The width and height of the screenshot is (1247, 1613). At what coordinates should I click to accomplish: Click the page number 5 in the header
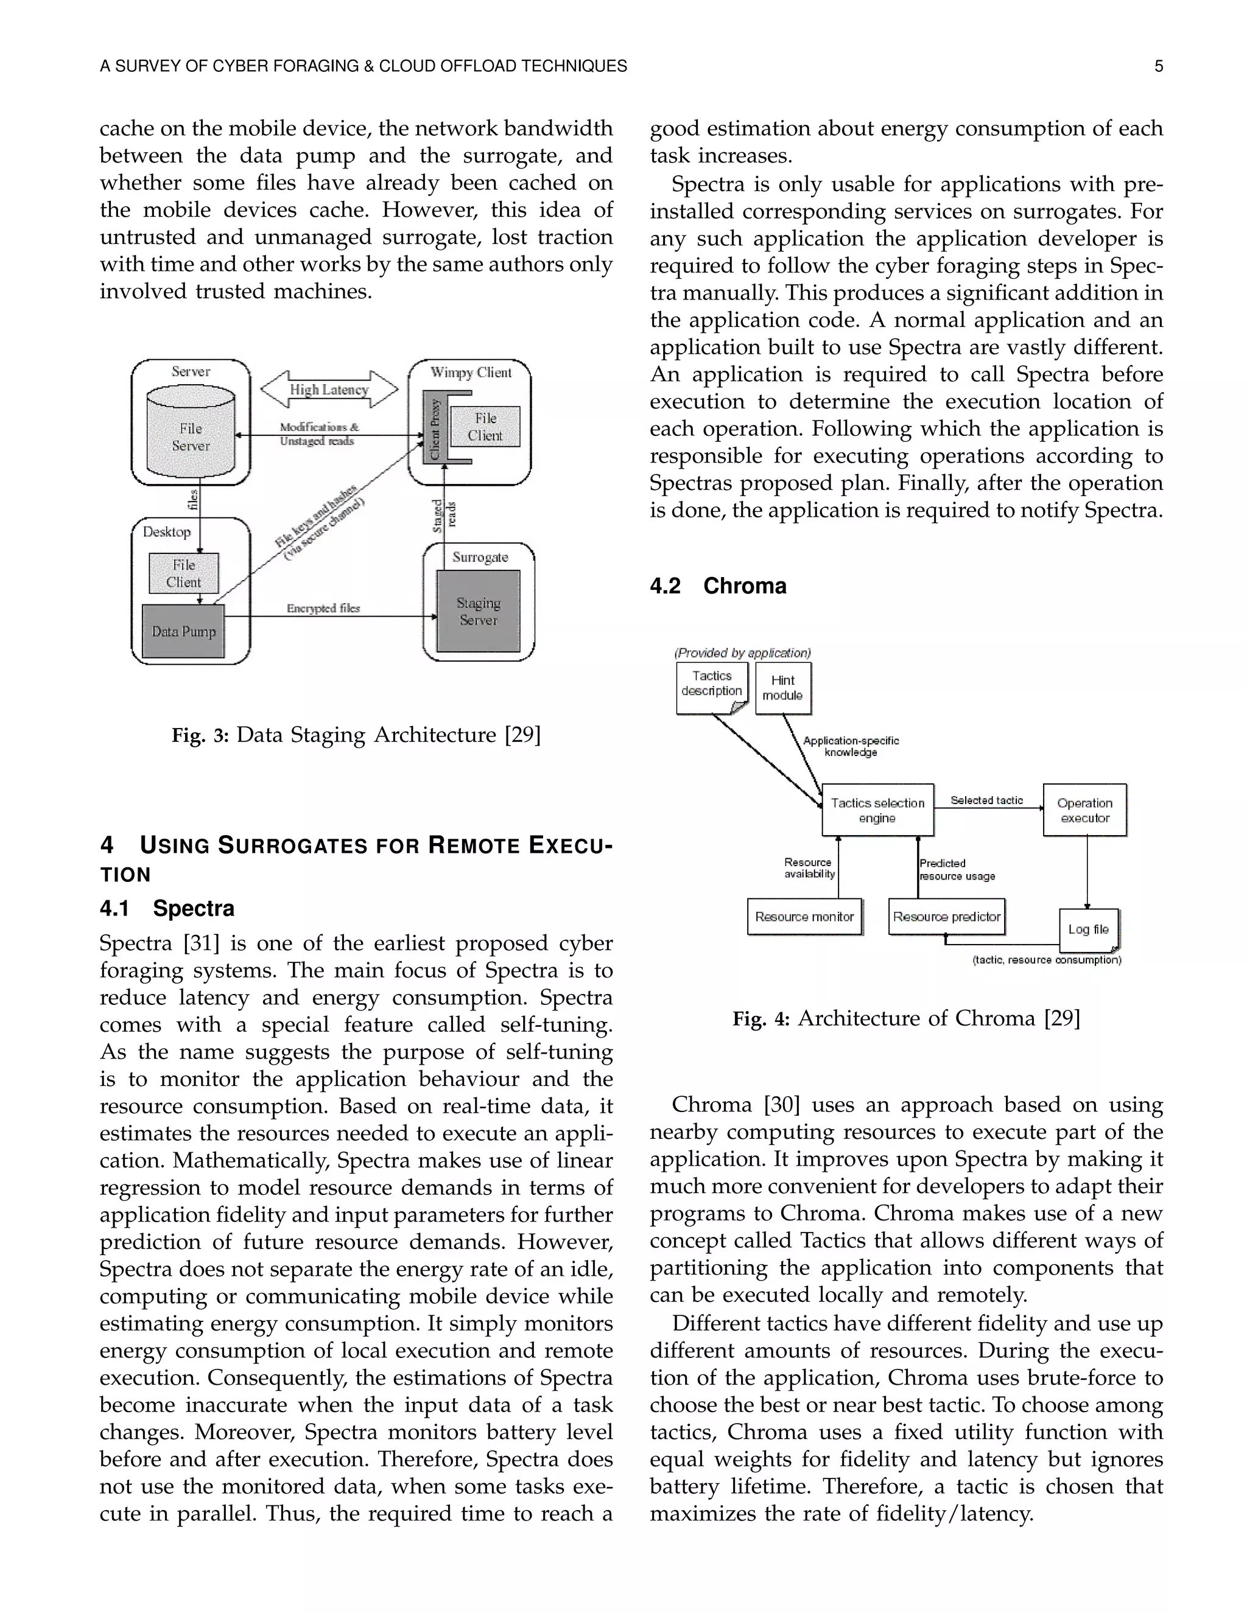(1158, 66)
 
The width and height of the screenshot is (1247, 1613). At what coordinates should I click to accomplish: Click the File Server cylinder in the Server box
(191, 436)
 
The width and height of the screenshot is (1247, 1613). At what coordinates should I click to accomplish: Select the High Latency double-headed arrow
(329, 389)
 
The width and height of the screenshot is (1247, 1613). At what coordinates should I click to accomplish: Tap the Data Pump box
(183, 631)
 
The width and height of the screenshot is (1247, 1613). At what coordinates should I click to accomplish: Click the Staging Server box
(478, 612)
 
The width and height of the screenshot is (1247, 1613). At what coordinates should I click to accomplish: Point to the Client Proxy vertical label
(435, 429)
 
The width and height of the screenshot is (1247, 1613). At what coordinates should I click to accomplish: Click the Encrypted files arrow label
(323, 608)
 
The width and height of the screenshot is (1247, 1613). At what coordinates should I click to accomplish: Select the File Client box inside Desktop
(183, 573)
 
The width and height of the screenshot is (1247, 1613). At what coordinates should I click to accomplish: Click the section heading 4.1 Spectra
(167, 908)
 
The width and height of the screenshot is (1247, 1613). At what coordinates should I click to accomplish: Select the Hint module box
(782, 688)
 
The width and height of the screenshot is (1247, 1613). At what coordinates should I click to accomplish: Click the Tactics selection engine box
(877, 810)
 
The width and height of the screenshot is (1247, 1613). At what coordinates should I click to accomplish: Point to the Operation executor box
(1084, 810)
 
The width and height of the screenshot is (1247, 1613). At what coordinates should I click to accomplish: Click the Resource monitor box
(804, 917)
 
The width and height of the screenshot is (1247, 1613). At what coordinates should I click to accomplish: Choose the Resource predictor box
(946, 917)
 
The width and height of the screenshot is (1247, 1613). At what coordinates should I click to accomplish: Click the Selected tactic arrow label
(986, 800)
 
